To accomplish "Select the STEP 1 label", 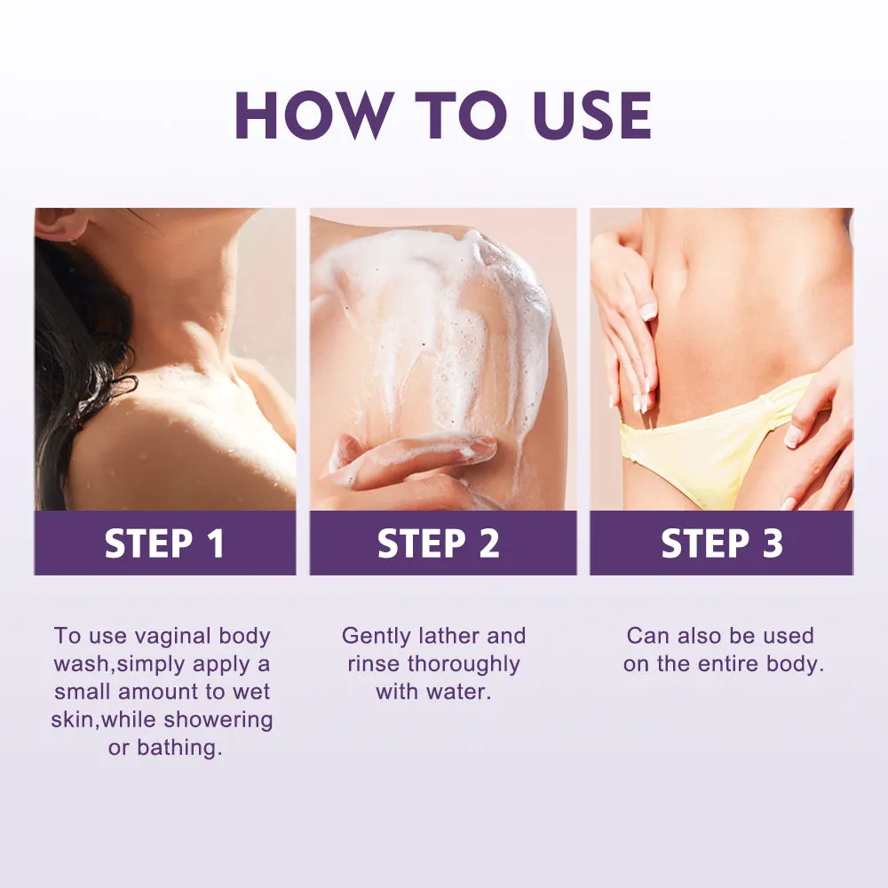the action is click(165, 543).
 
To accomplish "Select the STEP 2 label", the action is click(439, 543).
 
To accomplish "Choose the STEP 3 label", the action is click(722, 543).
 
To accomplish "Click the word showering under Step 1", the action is click(218, 720).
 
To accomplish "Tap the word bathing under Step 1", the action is click(179, 749).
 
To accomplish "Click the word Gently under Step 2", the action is click(376, 637).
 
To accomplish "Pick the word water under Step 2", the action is click(460, 692).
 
